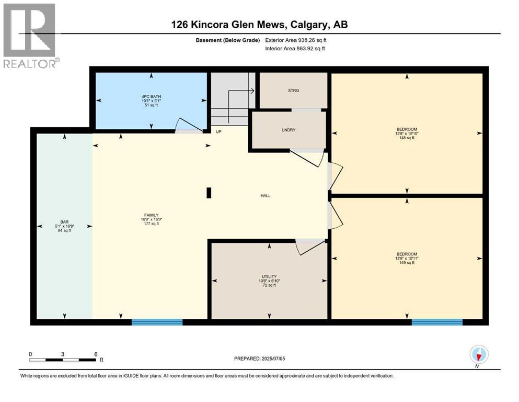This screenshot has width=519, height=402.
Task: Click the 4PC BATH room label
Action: (x=151, y=96)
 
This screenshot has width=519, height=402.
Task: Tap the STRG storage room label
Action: (x=293, y=90)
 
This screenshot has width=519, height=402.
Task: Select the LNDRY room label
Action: (x=289, y=130)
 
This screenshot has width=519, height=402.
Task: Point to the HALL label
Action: (x=266, y=196)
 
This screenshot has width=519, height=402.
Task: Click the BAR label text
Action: (x=64, y=221)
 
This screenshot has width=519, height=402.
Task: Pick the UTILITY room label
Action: (x=269, y=276)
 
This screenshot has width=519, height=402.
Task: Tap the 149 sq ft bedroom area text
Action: (x=407, y=263)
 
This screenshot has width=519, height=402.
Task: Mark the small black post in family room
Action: (x=209, y=193)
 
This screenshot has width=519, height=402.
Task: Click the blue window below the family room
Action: (x=157, y=322)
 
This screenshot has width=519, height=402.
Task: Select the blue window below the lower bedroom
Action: (x=436, y=322)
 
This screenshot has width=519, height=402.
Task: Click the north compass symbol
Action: (x=479, y=355)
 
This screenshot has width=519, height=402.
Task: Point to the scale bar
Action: (x=63, y=360)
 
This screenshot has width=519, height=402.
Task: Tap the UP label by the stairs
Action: (x=219, y=131)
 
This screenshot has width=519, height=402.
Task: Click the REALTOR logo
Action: (x=30, y=36)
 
